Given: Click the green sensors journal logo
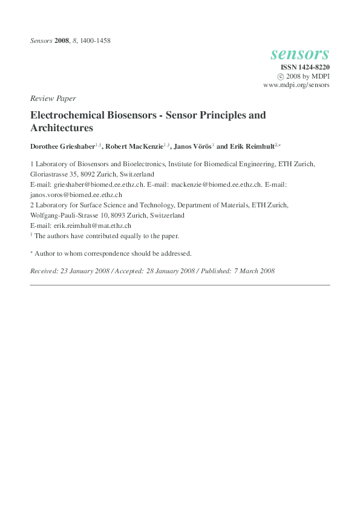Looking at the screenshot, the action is [300, 54].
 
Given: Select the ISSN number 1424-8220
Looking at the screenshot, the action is [310, 67].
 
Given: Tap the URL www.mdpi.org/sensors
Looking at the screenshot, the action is [296, 85].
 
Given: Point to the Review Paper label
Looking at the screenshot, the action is [53, 98].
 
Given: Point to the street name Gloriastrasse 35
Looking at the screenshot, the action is [59, 173].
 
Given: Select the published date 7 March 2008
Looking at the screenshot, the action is [254, 271].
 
